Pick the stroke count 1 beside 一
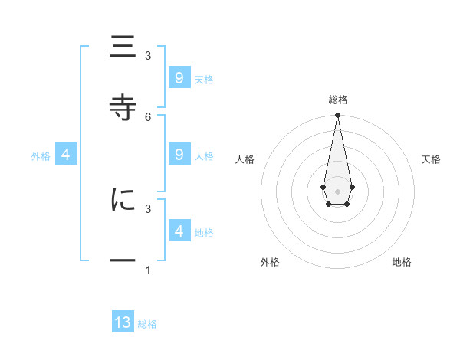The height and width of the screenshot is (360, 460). [148, 270]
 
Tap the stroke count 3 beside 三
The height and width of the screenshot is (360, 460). [148, 56]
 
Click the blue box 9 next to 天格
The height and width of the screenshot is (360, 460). [179, 78]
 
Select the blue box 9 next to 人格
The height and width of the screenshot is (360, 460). [179, 155]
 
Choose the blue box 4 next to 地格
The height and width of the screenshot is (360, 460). [179, 231]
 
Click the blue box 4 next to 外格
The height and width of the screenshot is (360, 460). [66, 155]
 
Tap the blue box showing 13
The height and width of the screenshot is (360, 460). [123, 322]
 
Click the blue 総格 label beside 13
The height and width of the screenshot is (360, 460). [147, 324]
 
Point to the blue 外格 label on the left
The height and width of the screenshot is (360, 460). [41, 156]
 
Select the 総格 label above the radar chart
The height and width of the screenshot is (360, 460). [337, 100]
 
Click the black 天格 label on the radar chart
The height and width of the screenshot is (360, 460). [432, 159]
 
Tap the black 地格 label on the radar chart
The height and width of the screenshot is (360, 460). [402, 263]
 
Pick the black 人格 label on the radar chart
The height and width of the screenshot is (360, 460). [245, 159]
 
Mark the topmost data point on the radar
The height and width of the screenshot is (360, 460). [337, 115]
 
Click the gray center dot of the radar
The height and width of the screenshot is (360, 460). [337, 190]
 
